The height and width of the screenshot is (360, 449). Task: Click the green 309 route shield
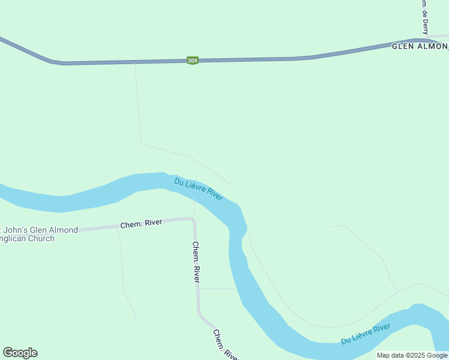[192, 61]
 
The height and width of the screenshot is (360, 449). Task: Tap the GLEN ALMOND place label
[420, 46]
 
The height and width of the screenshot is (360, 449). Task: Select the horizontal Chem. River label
[141, 223]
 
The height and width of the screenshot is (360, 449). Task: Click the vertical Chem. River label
[196, 262]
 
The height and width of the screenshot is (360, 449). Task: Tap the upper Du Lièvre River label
[199, 189]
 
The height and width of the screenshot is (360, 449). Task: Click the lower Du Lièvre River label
[366, 334]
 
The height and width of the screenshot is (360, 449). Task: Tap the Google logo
[20, 353]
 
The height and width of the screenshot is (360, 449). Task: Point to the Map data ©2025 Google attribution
[412, 355]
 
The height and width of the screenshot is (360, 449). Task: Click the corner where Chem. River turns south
[193, 220]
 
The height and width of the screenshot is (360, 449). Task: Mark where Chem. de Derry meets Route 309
[426, 40]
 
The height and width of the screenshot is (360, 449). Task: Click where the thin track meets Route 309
[135, 62]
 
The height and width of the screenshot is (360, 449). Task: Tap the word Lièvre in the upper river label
[199, 189]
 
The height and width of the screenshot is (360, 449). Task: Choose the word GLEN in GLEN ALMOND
[402, 46]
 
